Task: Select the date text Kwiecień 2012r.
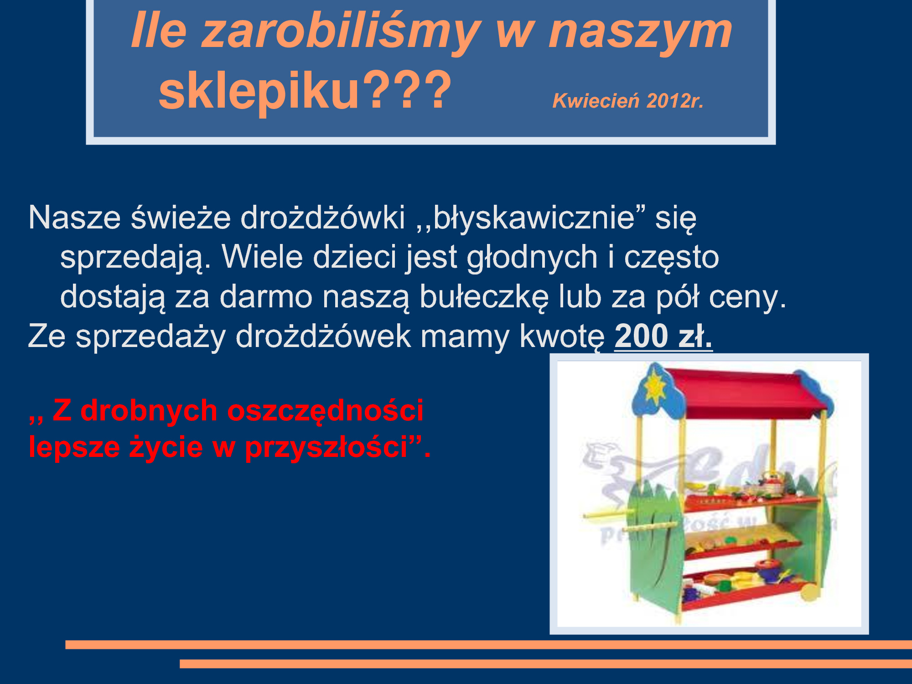(628, 101)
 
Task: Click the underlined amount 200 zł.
(663, 336)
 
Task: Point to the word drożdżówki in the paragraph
(323, 218)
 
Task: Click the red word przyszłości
(326, 447)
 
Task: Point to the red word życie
(166, 447)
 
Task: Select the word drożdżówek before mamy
(323, 337)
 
